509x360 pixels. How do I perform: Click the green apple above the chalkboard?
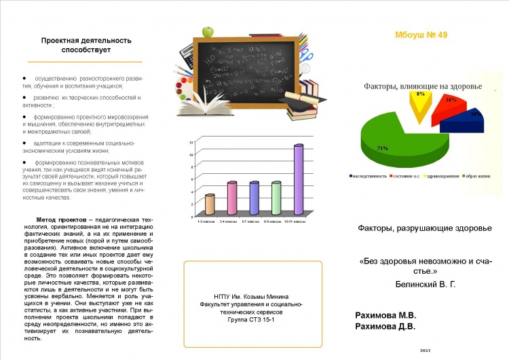[x=208, y=31]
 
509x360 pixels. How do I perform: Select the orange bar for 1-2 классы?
[x=210, y=204]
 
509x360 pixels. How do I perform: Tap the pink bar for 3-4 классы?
[x=231, y=197]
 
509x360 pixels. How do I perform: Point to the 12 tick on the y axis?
[x=192, y=143]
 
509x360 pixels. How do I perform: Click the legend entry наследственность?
[x=369, y=176]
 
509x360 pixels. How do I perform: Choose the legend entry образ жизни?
[x=475, y=176]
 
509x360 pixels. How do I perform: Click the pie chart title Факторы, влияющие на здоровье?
[x=423, y=86]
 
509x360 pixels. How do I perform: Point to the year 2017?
[x=426, y=349]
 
